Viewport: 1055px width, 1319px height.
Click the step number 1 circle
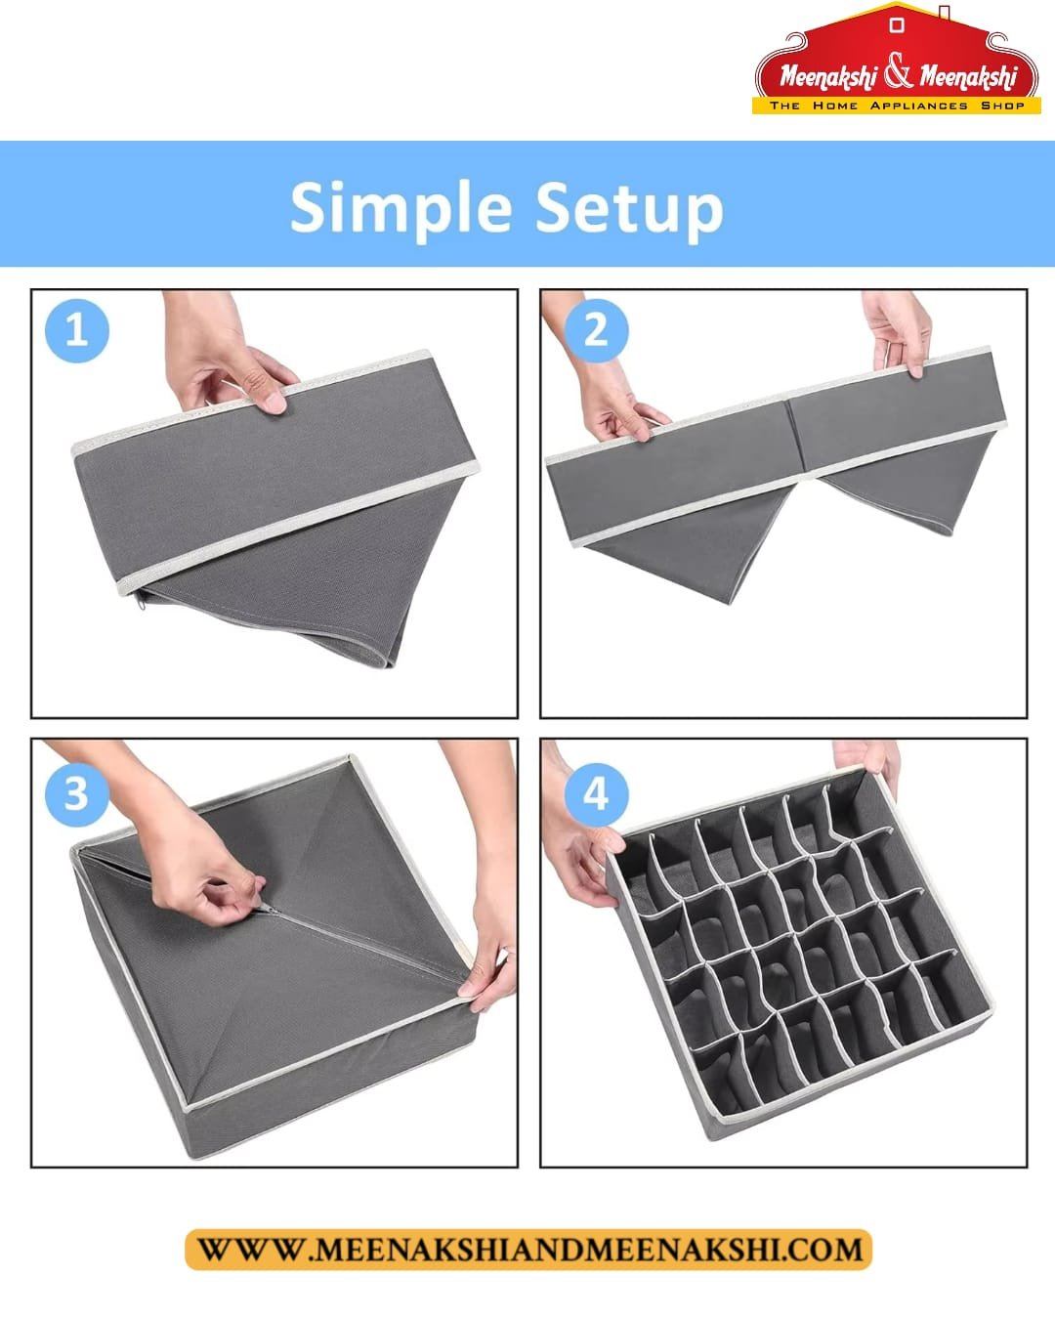point(76,331)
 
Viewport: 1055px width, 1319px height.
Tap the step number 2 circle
point(596,331)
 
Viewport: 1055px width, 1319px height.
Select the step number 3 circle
point(76,794)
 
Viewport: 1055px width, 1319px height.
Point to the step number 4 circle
point(596,794)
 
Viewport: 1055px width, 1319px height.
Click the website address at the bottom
point(528,1249)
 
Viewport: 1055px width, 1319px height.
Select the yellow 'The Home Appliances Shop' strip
point(896,106)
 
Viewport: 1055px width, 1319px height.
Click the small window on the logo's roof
point(897,25)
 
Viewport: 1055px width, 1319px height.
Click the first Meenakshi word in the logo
point(828,76)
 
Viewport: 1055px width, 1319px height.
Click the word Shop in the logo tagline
point(1002,106)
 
